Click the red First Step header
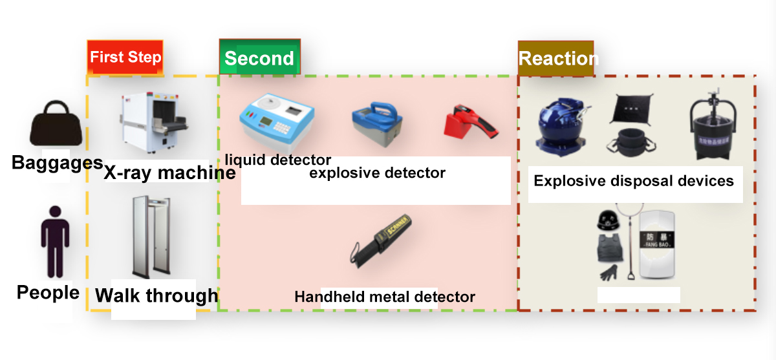[125, 57]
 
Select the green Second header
[259, 59]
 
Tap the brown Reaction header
[556, 59]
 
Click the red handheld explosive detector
[471, 120]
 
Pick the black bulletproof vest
[608, 248]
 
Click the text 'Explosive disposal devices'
[634, 181]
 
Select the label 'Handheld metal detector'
[385, 297]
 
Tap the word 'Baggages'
[57, 162]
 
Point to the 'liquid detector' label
[278, 160]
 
